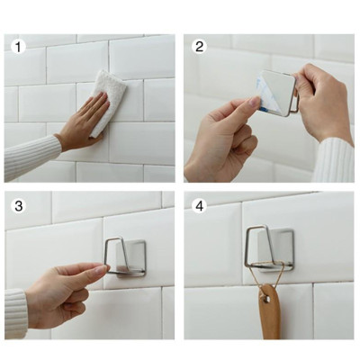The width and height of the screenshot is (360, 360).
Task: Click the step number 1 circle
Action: pos(16,45)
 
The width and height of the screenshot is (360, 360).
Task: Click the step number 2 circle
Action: pos(200,45)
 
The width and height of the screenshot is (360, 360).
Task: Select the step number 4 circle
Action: pos(200,206)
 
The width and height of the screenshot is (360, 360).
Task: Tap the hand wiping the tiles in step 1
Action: pos(85,121)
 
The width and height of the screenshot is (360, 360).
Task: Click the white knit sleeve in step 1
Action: pos(31,157)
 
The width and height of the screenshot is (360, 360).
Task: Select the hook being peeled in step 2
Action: pos(274,90)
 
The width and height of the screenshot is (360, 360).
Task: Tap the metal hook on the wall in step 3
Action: pos(126,256)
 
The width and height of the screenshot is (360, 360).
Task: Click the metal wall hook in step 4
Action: pos(268,247)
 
